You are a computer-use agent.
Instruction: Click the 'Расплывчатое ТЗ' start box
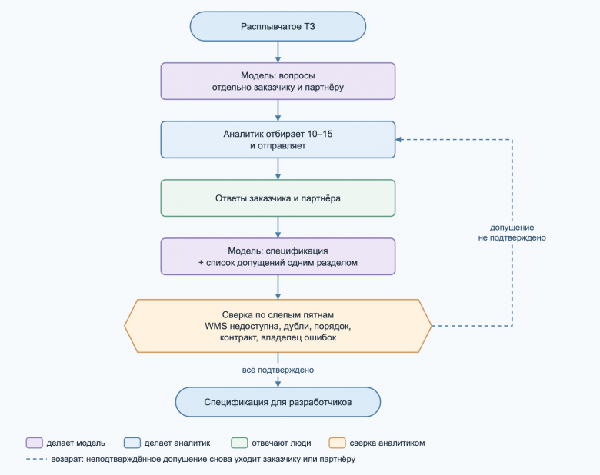(278, 26)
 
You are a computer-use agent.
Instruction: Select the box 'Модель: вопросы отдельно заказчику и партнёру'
(278, 81)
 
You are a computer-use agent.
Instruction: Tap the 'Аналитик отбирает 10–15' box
(278, 140)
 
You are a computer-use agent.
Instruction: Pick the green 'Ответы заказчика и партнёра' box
(278, 198)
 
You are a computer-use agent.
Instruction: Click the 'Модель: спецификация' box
(278, 257)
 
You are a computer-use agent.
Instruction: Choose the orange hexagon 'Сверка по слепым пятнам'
(278, 326)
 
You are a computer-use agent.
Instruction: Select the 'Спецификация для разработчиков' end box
(278, 402)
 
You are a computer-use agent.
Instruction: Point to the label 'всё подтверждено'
(278, 370)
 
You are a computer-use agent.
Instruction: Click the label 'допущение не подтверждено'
(512, 233)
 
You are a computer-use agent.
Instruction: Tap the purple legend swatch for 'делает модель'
(34, 443)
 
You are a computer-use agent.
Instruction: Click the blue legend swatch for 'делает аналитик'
(132, 443)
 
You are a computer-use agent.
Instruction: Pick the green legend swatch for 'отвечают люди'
(239, 443)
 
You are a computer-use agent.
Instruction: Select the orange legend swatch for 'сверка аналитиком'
(337, 443)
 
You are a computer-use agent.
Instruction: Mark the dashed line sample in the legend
(37, 459)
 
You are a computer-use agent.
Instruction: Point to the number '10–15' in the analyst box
(320, 134)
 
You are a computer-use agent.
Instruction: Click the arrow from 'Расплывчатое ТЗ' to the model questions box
(278, 52)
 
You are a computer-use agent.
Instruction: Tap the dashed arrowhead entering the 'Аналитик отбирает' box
(398, 140)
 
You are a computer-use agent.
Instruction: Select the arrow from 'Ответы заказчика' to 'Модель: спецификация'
(278, 228)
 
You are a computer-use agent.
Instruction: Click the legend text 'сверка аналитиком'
(387, 443)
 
